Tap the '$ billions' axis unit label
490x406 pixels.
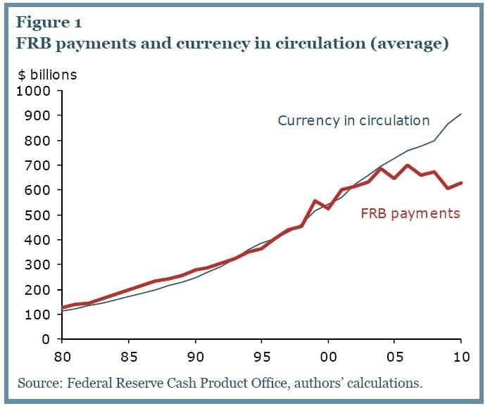click(48, 74)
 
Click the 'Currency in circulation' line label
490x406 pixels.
click(353, 120)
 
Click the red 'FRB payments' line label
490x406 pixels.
click(410, 213)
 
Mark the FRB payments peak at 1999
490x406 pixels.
click(315, 201)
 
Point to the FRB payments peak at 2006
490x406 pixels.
click(407, 165)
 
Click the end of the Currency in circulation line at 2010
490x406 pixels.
click(460, 114)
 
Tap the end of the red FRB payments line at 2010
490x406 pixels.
click(460, 183)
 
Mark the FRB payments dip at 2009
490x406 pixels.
click(447, 189)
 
